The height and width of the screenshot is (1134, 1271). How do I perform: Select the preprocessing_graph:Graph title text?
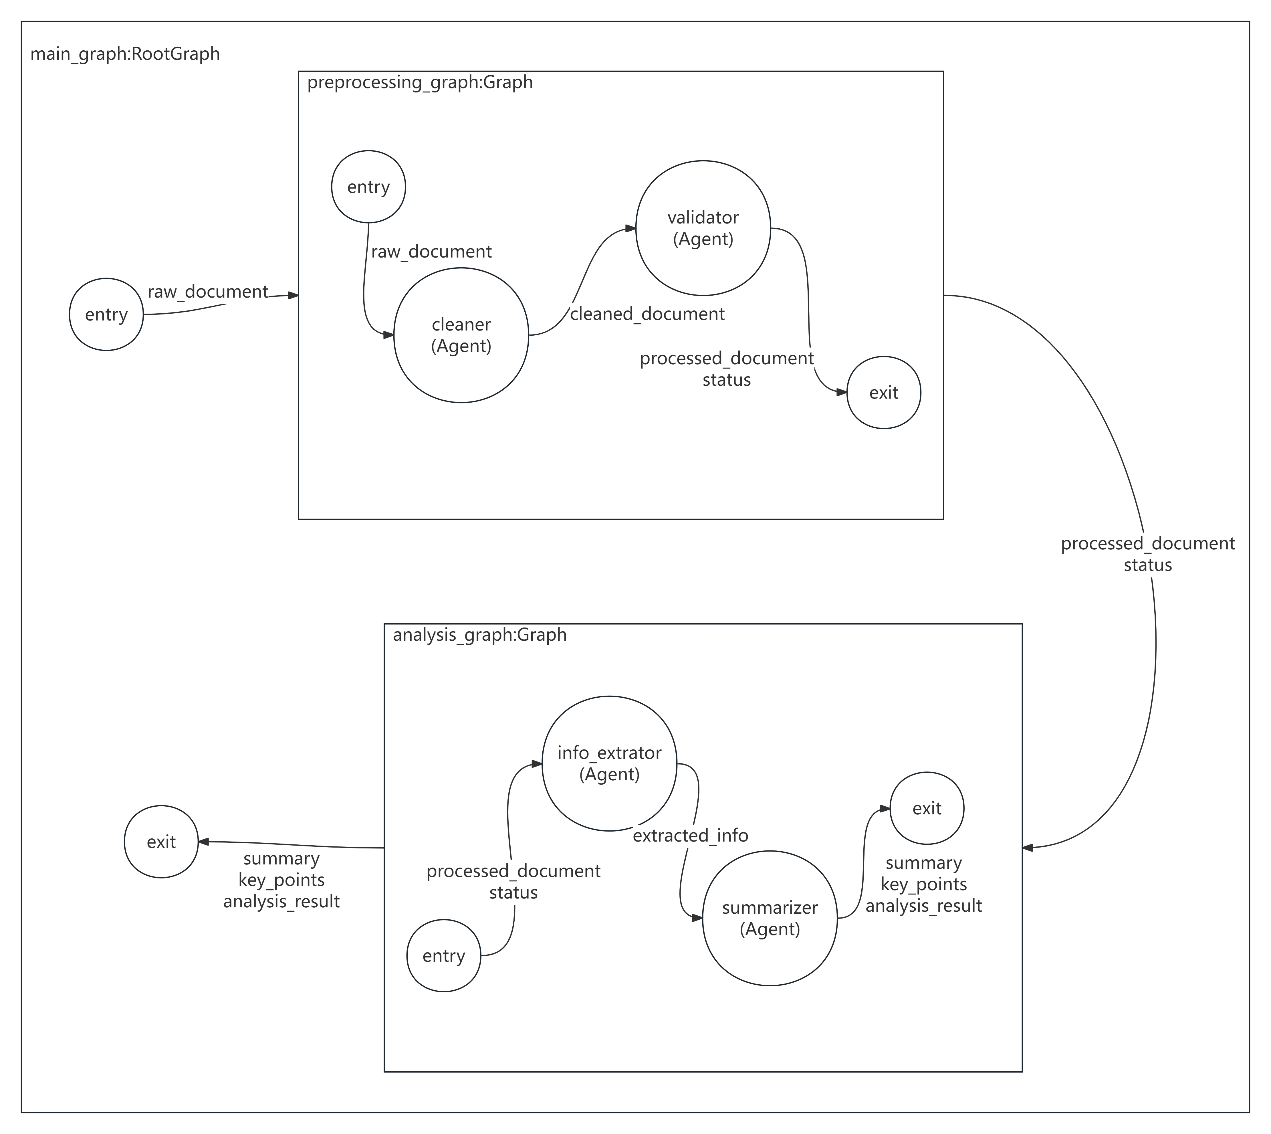(420, 82)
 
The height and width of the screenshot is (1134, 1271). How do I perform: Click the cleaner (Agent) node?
(461, 335)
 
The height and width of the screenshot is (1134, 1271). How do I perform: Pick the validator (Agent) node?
(703, 228)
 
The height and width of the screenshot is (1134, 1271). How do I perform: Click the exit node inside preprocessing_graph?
(883, 393)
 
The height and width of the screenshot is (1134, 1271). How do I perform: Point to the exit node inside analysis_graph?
(927, 808)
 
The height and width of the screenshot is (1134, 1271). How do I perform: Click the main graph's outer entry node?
(106, 315)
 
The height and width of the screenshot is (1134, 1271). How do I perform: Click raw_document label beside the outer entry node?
(207, 292)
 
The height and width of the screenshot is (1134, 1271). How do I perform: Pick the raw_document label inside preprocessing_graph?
(431, 252)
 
